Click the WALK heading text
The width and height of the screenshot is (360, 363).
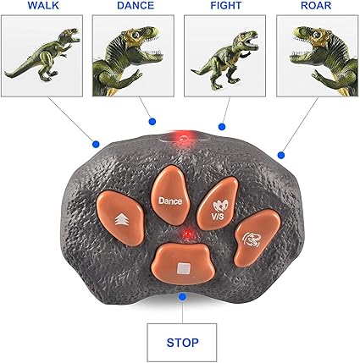point(43,6)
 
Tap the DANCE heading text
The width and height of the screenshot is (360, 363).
point(136,6)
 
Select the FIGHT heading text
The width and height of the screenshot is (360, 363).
point(226,6)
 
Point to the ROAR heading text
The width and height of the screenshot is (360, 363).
point(316,6)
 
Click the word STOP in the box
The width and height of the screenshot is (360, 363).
point(182,343)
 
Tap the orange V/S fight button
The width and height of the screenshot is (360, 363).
point(218,203)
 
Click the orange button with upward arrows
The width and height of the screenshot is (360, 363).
point(120,217)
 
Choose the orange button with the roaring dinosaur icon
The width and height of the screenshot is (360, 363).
point(257,239)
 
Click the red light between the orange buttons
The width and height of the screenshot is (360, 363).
point(187,234)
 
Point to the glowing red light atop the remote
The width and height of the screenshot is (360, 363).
point(184,138)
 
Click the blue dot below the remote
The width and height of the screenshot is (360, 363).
point(183,296)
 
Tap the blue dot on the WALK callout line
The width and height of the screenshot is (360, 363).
point(96,145)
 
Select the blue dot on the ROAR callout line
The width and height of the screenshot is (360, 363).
point(281,155)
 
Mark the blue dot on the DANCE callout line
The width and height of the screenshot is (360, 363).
point(152,122)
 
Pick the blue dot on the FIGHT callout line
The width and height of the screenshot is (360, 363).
point(222,127)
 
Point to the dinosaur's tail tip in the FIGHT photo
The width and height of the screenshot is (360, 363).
point(192,71)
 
